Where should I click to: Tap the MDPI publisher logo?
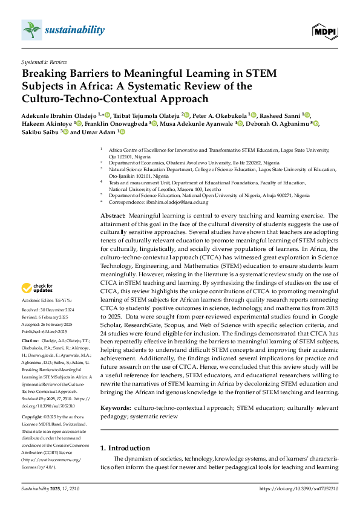(324, 30)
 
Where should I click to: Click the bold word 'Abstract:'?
(113, 215)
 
